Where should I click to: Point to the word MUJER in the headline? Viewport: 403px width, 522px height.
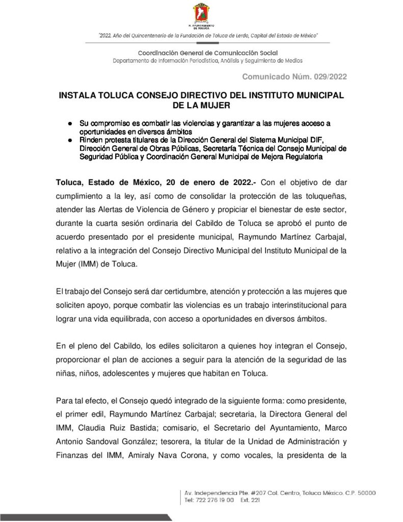point(216,105)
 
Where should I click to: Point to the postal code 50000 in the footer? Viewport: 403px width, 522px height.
point(364,493)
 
